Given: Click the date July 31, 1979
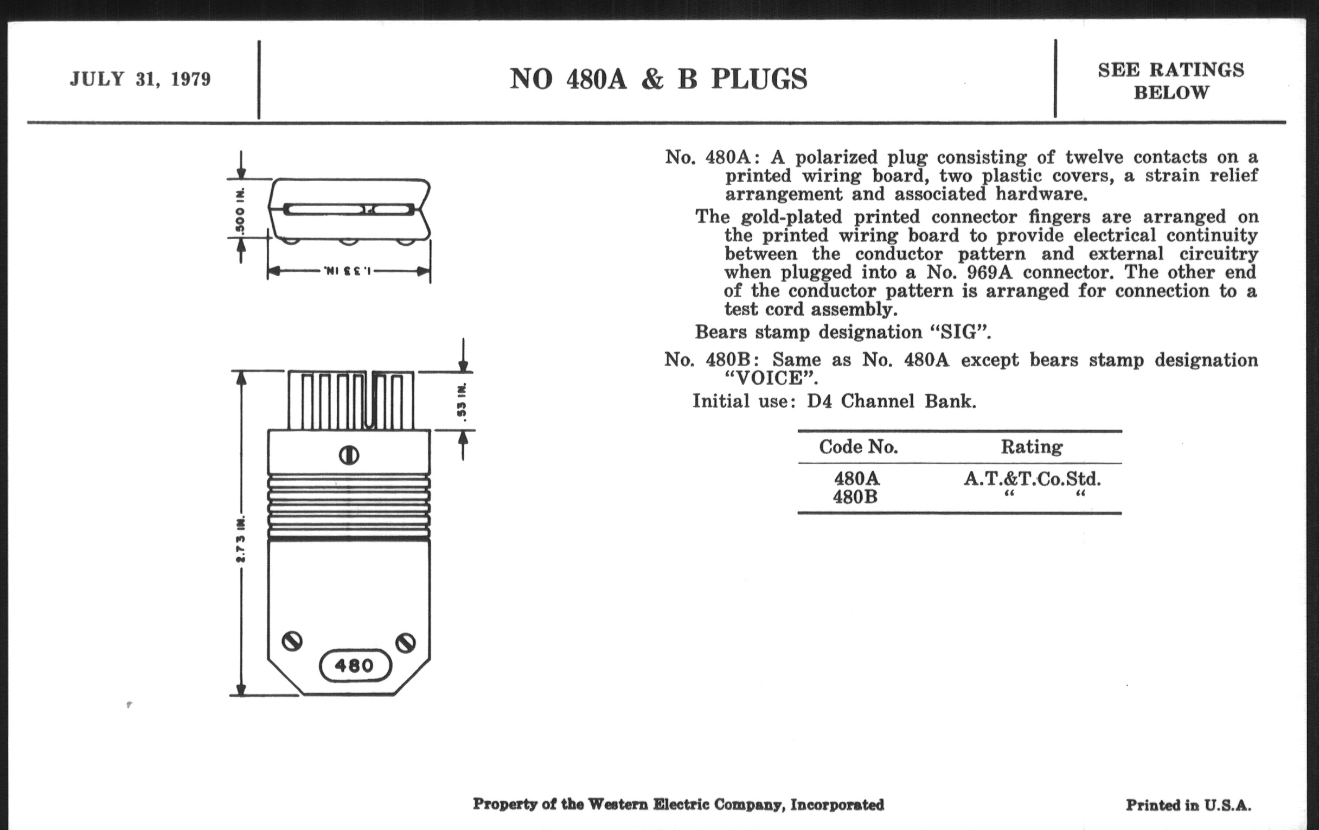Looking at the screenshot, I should (140, 79).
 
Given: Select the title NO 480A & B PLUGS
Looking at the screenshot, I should (658, 79).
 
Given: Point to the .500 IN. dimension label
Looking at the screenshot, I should (240, 212).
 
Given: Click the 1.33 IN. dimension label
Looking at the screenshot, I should (348, 271).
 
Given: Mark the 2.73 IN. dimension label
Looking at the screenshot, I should (240, 539).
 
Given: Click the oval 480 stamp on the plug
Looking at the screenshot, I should (355, 666).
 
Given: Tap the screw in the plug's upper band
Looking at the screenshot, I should (349, 455).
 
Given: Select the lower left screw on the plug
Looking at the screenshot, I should (292, 641).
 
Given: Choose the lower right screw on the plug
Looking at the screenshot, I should (406, 642).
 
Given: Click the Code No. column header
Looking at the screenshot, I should (859, 447).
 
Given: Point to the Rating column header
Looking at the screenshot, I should (1032, 447).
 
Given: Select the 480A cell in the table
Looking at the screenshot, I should (857, 479).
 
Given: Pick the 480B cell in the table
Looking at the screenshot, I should (855, 497).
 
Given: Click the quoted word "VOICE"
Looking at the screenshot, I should (771, 379).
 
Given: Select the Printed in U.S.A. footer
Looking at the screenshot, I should (1188, 806).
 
